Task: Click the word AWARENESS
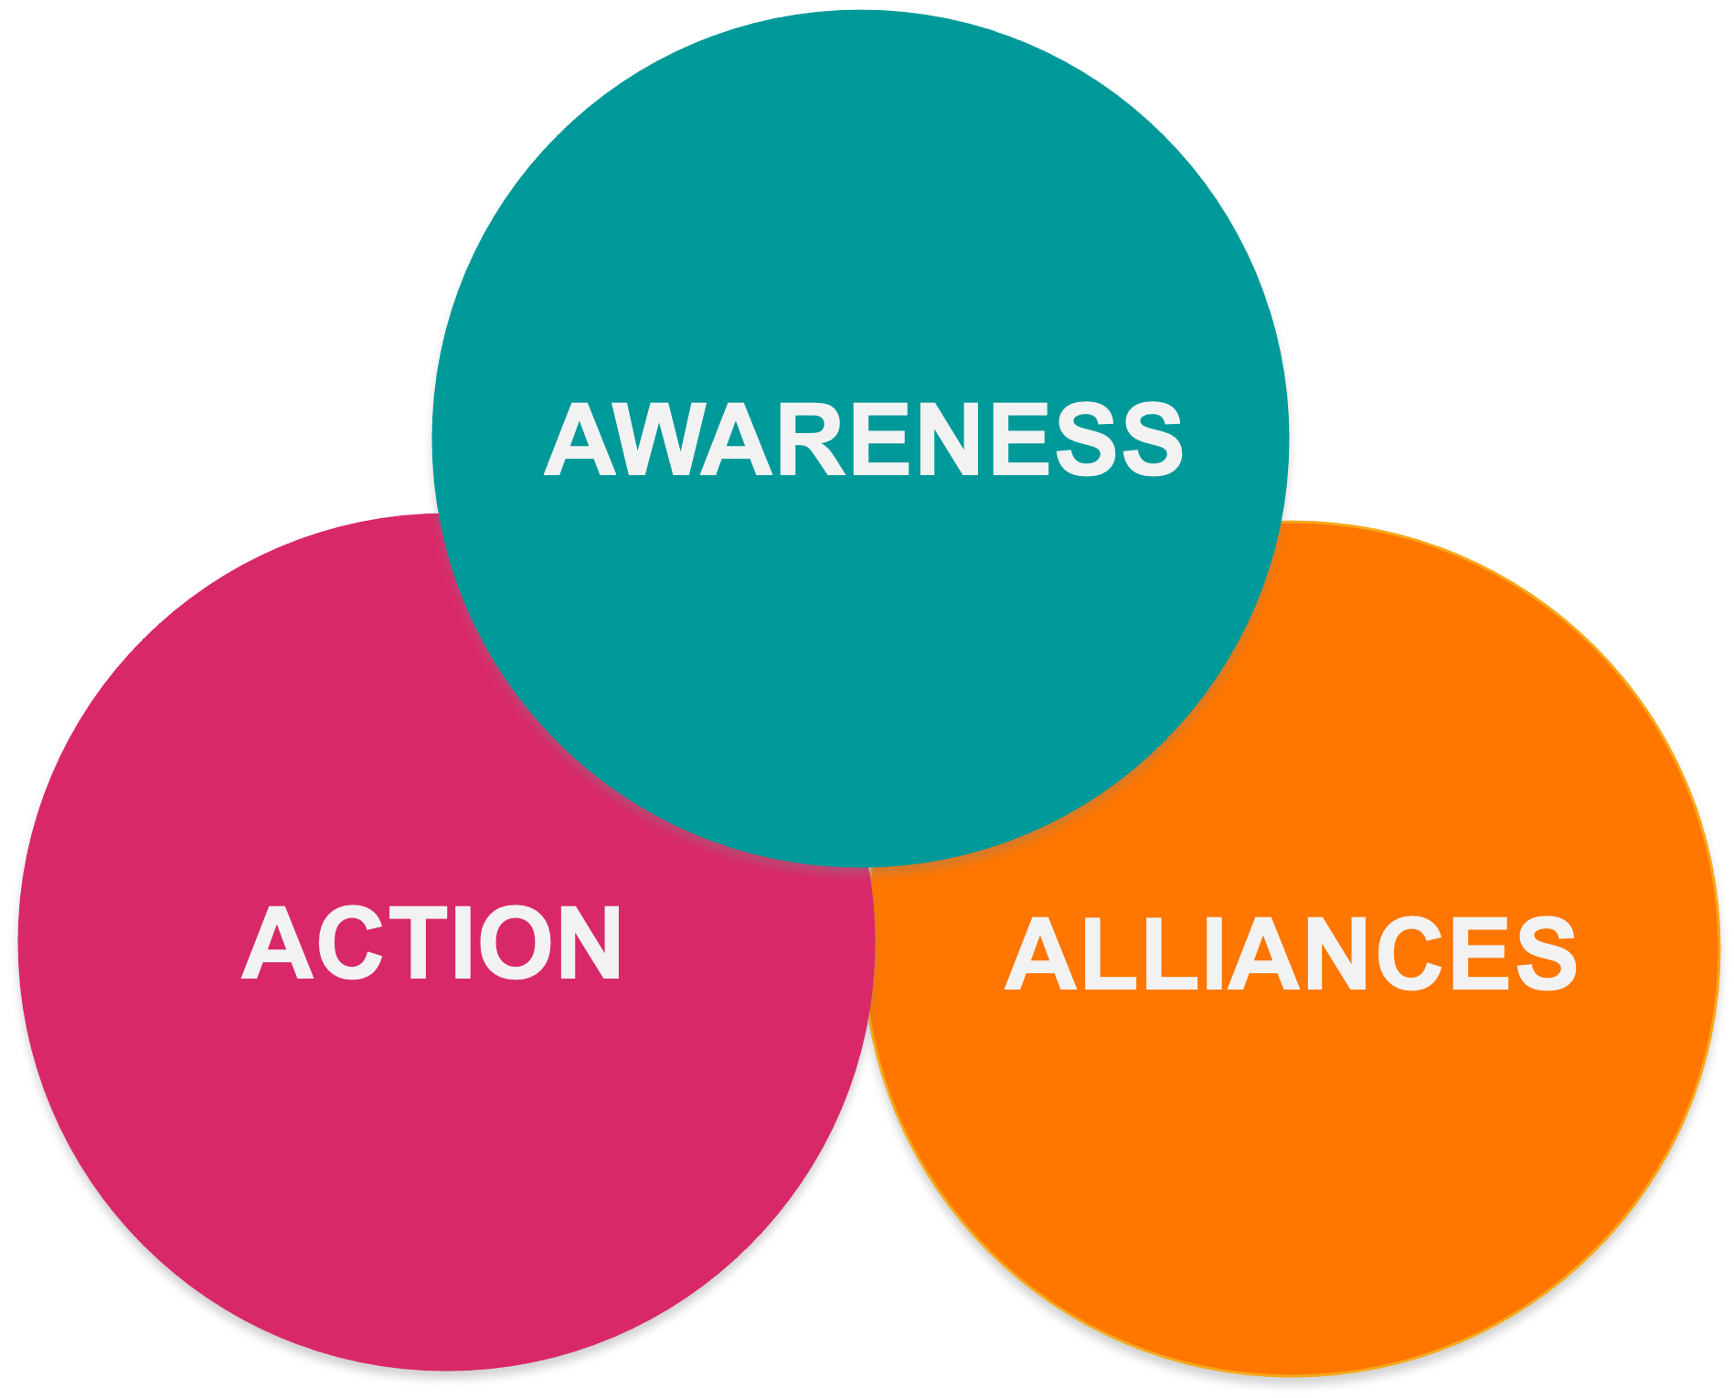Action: pyautogui.click(x=863, y=440)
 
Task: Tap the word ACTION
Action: pyautogui.click(x=431, y=943)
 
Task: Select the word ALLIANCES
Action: pyautogui.click(x=1291, y=954)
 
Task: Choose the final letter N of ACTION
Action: pyautogui.click(x=587, y=943)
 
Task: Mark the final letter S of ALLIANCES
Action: pyautogui.click(x=1545, y=954)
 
